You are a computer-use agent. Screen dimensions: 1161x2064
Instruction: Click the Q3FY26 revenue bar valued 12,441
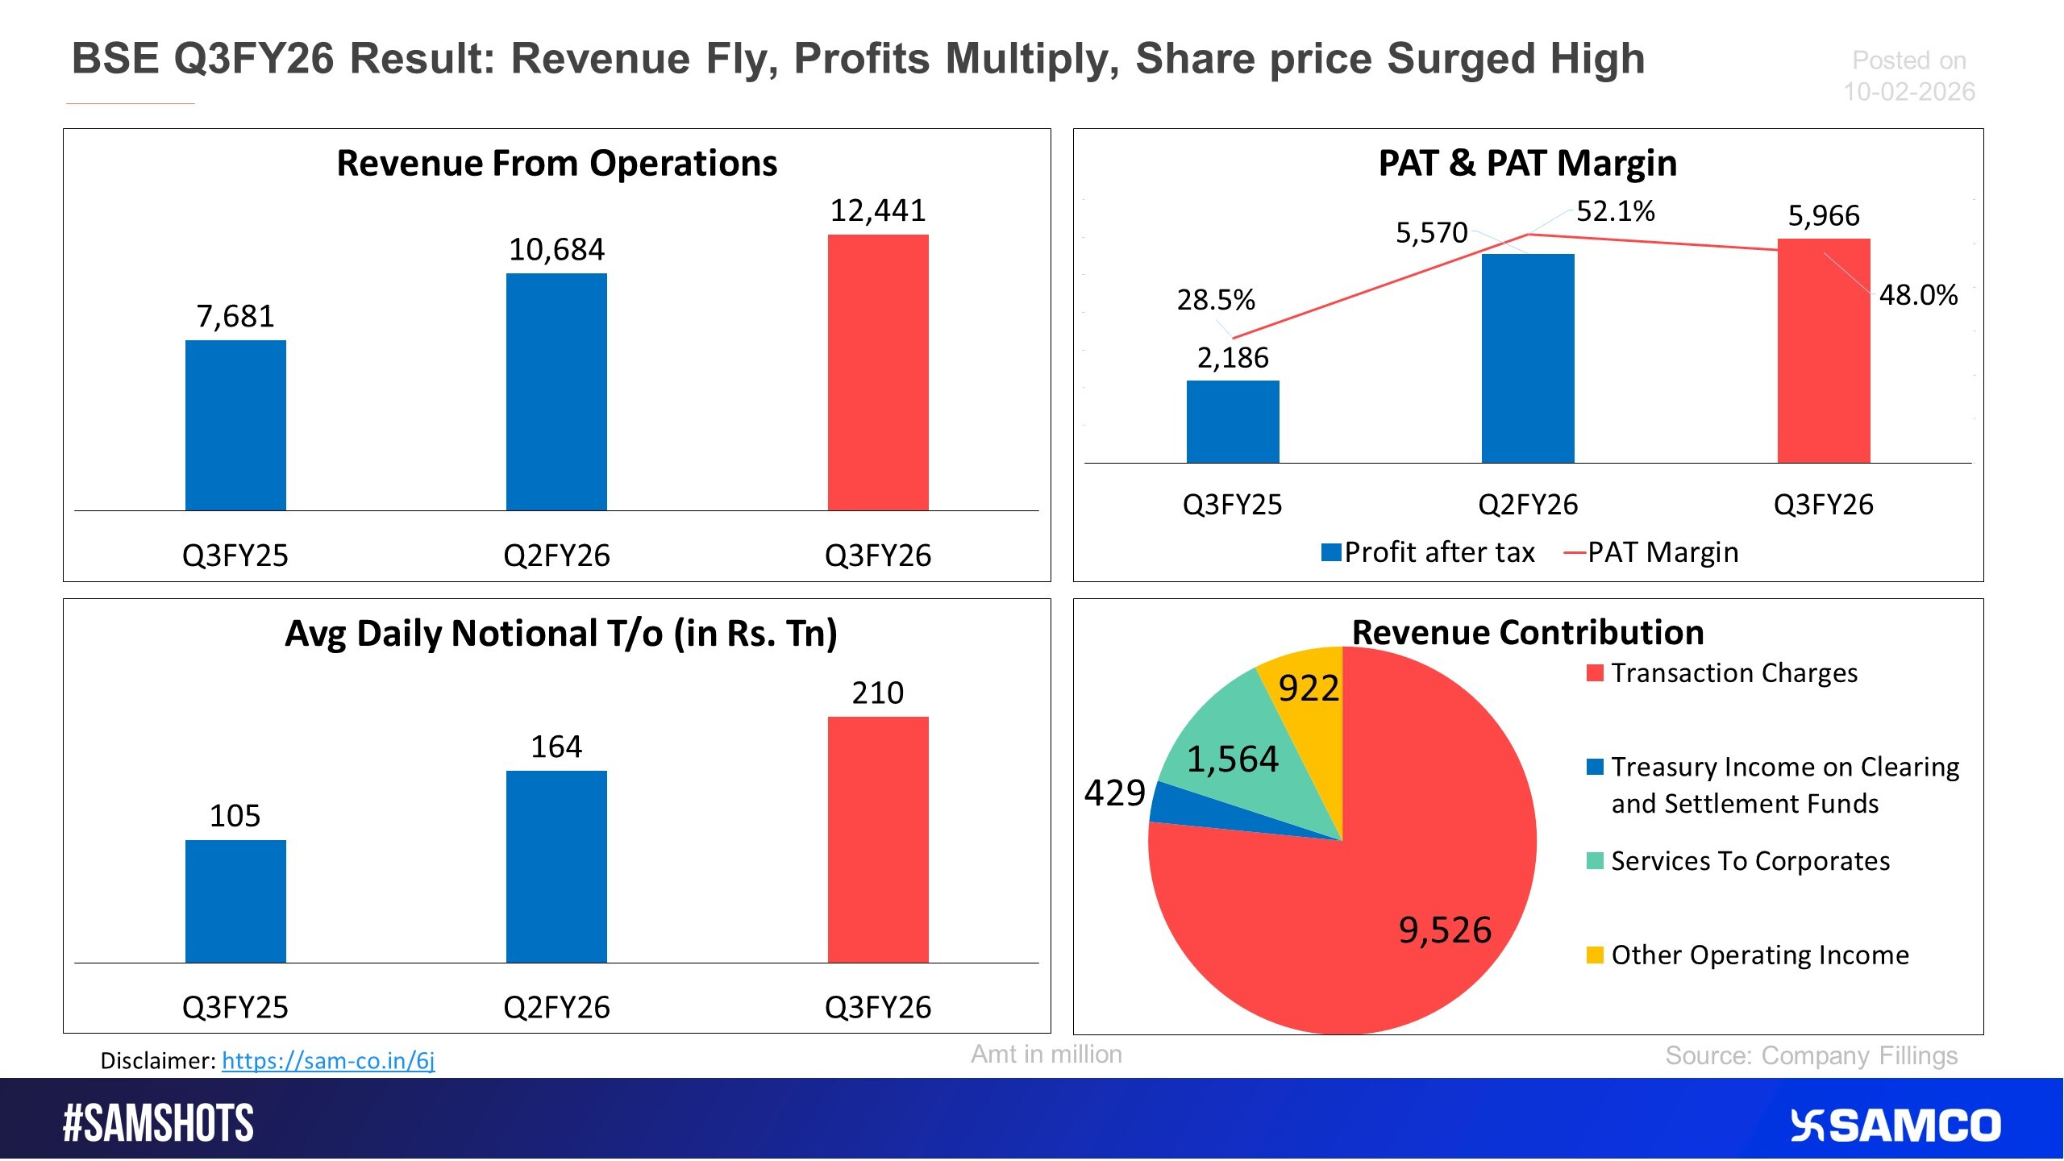click(878, 372)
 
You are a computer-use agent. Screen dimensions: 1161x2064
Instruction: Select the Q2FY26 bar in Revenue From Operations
click(556, 392)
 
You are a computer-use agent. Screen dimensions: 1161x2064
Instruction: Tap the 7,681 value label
click(235, 316)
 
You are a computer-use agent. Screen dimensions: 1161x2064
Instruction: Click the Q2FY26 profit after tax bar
click(1528, 358)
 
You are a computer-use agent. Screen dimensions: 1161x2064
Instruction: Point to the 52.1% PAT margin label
click(1615, 211)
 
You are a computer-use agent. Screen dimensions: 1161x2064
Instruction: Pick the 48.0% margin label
click(1918, 295)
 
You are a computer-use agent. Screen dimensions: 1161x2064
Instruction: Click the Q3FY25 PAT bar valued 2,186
click(1233, 422)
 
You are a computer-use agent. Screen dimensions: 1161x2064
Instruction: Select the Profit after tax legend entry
click(1429, 552)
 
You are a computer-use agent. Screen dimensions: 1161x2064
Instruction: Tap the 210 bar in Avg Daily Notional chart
click(878, 839)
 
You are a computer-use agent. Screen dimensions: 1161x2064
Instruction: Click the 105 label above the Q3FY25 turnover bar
click(235, 816)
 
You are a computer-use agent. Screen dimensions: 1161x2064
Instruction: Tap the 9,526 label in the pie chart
click(1445, 930)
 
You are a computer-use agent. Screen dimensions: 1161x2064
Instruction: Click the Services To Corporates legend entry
click(1750, 861)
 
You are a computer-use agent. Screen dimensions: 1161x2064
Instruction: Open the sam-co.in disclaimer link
click(328, 1060)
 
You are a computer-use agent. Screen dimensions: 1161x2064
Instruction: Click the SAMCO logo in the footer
click(1895, 1126)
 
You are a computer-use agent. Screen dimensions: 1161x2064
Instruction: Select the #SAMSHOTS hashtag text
click(158, 1123)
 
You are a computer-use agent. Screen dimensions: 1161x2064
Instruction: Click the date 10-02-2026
click(1909, 92)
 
